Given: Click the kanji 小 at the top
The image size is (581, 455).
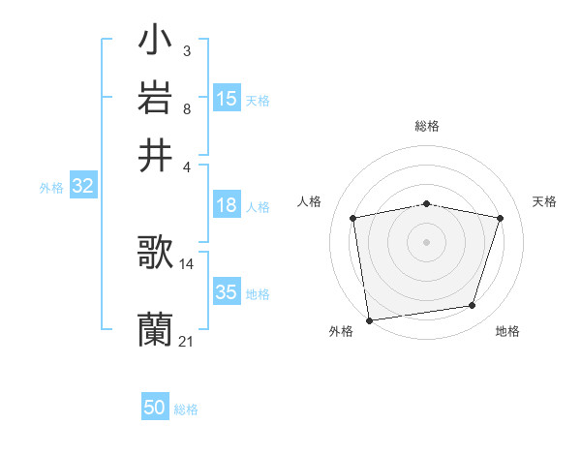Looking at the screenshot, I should pos(155,42).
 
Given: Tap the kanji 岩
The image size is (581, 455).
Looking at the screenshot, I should pos(155,98).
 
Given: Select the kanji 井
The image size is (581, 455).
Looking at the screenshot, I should pos(155,155).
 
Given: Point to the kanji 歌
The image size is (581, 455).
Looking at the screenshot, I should pos(155,253).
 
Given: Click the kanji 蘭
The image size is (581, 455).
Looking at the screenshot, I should pos(155,330).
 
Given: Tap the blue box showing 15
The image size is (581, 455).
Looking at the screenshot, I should pos(227,99).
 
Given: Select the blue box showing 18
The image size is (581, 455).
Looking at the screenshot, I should pos(227,205).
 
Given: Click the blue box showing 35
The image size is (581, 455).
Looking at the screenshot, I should pos(227,293).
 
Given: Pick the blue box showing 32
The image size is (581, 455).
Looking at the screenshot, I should pos(82,187).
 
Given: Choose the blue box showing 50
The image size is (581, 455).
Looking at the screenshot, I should pos(155,408).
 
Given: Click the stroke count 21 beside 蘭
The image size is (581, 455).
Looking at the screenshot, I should pos(186,341).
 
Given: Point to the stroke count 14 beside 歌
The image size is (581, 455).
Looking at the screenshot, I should pos(186,263).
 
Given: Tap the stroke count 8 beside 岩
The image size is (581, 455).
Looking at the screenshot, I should pos(186,108).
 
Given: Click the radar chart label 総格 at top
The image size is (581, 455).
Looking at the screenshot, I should pos(427,126).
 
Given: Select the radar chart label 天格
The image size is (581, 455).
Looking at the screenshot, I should pos(544,201).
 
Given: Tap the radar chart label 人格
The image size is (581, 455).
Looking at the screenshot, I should pos(310,201).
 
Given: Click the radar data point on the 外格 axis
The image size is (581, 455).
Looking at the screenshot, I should pos(369,319).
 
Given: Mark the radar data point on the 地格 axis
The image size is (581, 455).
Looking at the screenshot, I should pos(473,306).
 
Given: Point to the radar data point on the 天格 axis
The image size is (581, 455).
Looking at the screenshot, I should pos(501,218).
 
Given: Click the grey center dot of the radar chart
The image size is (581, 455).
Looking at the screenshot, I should pos(427,241).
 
